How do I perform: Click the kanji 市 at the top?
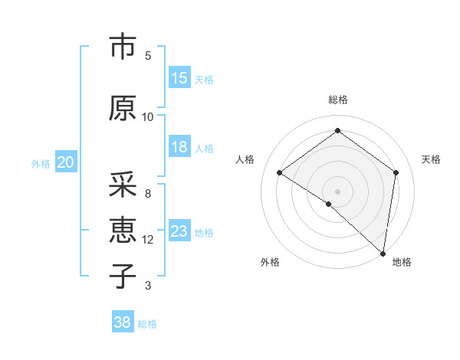point(122,47)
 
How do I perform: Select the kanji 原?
point(122,108)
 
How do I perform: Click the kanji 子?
point(122,276)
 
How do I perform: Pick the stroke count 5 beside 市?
point(148,56)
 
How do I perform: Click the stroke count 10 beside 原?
point(148,116)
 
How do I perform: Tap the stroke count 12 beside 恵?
point(148,239)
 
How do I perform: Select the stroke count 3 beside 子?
point(148,286)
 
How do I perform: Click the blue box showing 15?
point(179,77)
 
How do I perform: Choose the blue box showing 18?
point(179,147)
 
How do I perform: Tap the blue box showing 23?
point(179,231)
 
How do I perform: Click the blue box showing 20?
point(66,162)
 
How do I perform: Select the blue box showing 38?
point(123,322)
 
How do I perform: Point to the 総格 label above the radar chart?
point(337,100)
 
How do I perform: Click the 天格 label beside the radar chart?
point(431,159)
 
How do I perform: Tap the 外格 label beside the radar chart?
point(270,262)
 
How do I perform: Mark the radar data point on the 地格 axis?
point(383,254)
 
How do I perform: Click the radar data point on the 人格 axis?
point(280,172)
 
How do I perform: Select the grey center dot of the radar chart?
point(337,191)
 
